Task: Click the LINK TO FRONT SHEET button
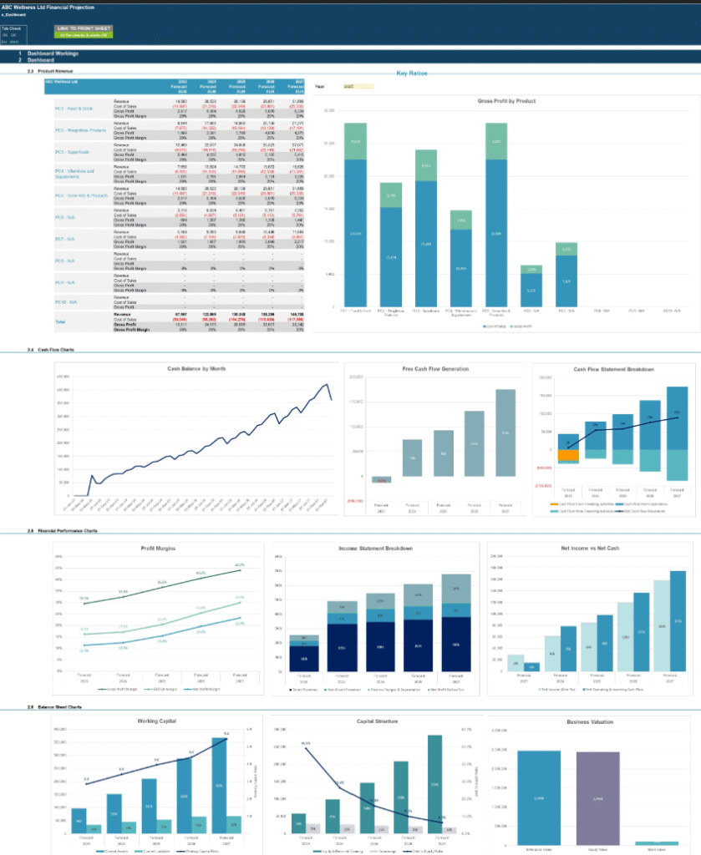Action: coord(83,28)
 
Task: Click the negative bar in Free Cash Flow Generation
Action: coord(382,480)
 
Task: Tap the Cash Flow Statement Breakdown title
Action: coord(613,369)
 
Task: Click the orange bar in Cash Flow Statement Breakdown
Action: coord(568,456)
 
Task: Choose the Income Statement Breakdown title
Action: coord(372,549)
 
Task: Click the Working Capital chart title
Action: coord(156,721)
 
